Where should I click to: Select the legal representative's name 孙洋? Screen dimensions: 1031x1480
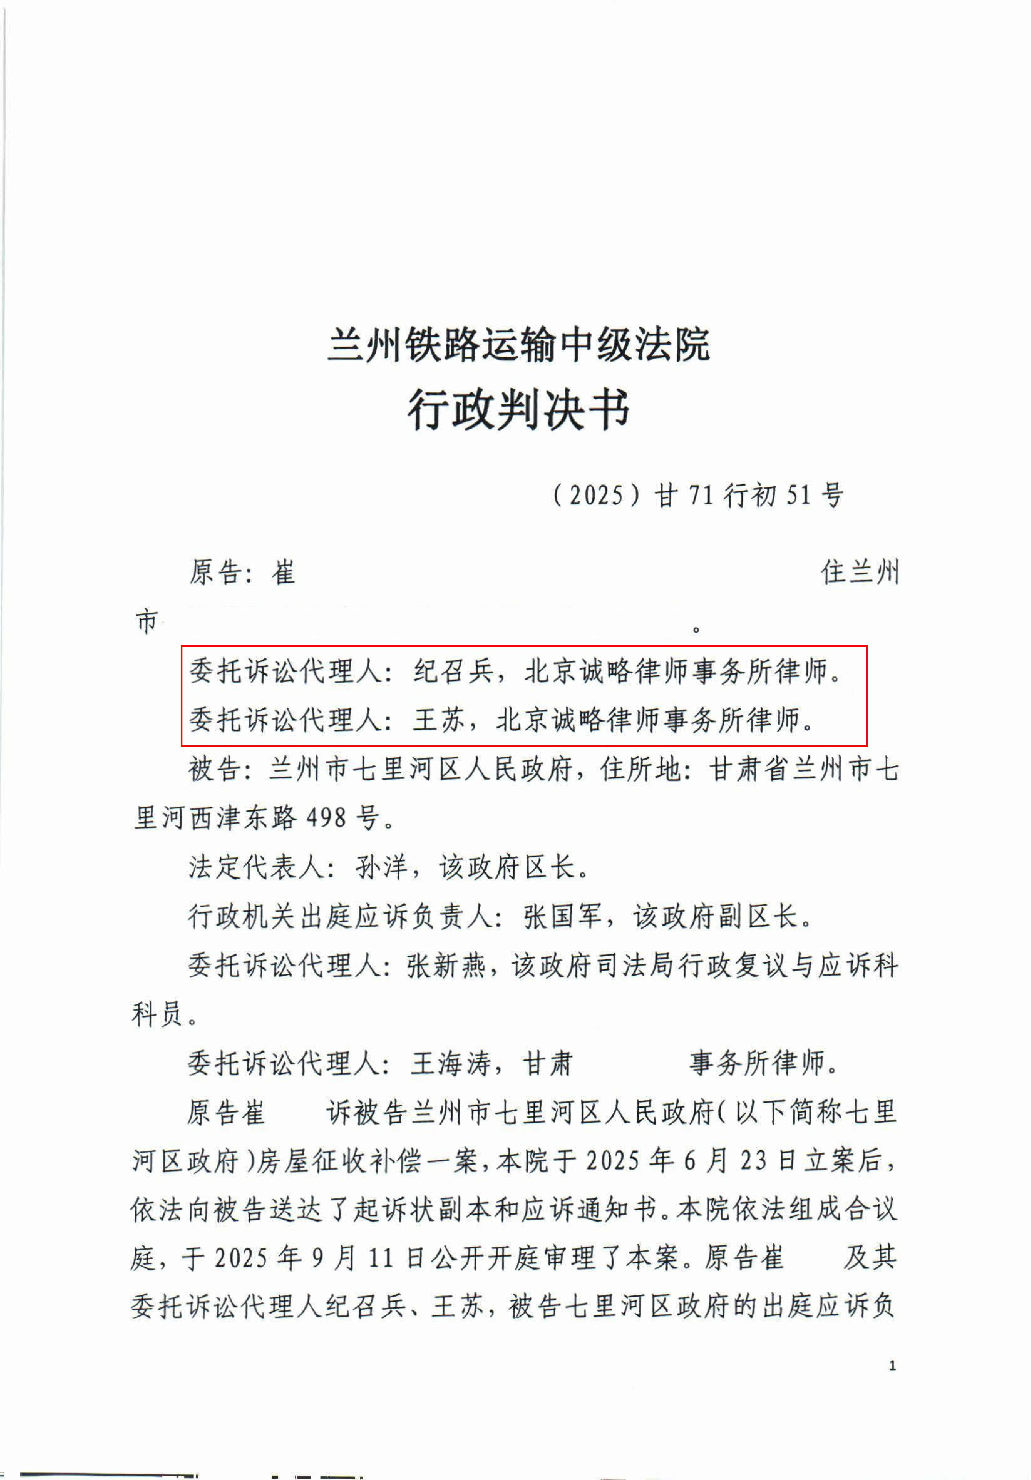point(382,868)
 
